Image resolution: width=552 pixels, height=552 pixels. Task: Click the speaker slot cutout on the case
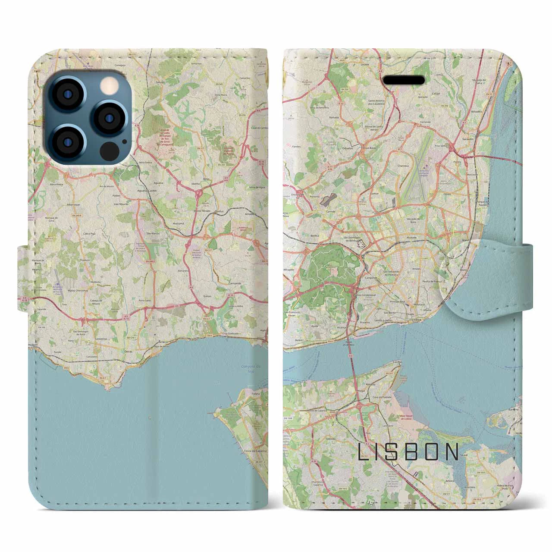[404, 80]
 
